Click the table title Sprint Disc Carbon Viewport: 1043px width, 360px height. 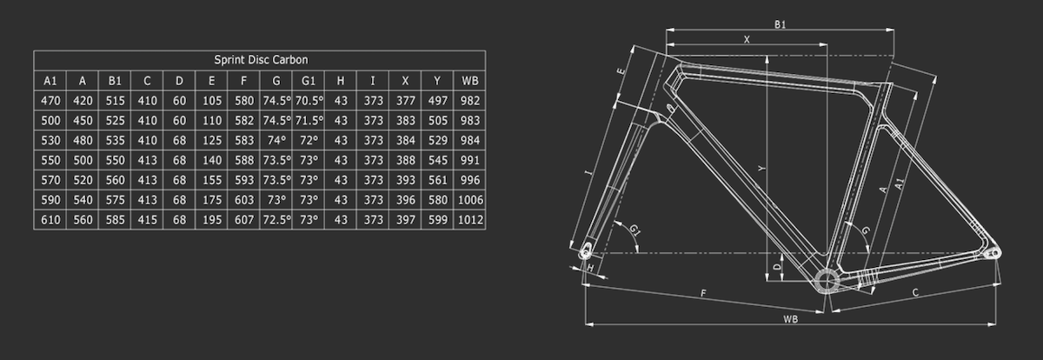click(x=260, y=60)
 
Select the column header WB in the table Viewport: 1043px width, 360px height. click(x=470, y=81)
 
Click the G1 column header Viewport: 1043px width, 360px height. click(x=308, y=81)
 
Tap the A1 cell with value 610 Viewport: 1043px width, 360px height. click(x=50, y=220)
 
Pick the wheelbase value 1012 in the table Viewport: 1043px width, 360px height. click(x=470, y=220)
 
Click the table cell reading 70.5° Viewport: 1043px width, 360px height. click(x=308, y=101)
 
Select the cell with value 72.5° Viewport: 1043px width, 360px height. click(x=276, y=220)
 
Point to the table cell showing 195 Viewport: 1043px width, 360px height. click(x=211, y=220)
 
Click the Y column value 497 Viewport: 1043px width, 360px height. click(x=437, y=101)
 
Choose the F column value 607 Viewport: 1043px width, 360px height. click(x=243, y=220)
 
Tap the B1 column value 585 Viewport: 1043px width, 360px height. click(x=115, y=220)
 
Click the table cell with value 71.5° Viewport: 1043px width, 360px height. click(x=308, y=121)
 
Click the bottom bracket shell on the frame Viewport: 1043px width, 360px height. click(x=826, y=280)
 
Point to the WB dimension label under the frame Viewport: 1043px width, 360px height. click(x=790, y=319)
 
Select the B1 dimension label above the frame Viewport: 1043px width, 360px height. click(x=780, y=24)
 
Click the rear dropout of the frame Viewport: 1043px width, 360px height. click(x=993, y=253)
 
